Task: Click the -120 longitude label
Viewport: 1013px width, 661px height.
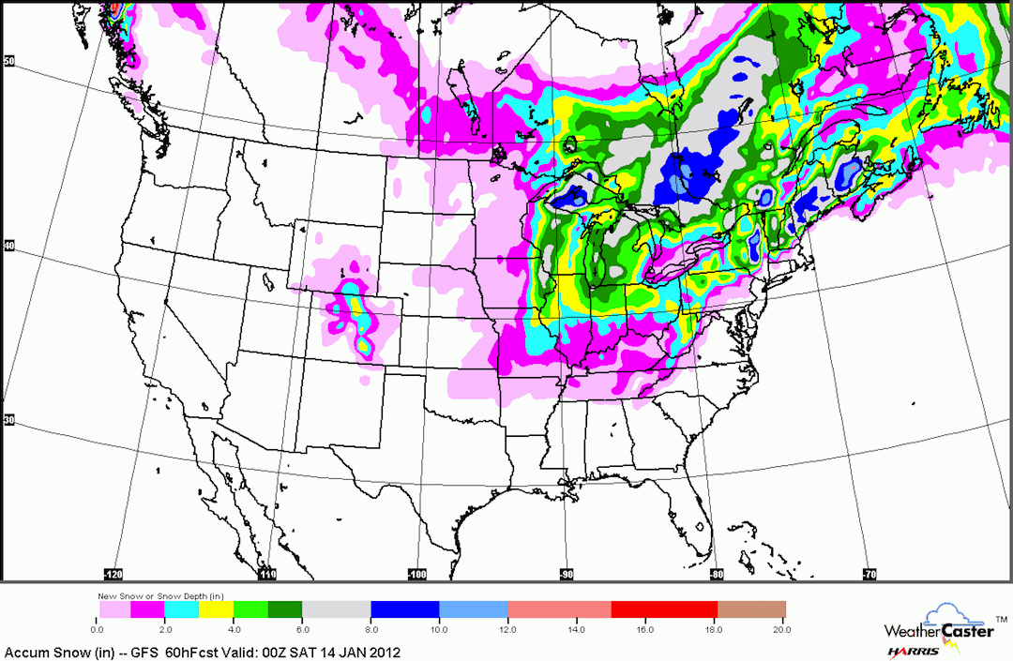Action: [x=113, y=574]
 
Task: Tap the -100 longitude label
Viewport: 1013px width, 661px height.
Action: [x=416, y=574]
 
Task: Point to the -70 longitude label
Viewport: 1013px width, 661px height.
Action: [x=869, y=574]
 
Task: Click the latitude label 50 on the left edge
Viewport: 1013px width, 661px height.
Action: [x=8, y=61]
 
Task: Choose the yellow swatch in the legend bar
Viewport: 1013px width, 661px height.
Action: [x=217, y=609]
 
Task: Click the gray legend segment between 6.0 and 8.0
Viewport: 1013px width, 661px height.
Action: [x=336, y=609]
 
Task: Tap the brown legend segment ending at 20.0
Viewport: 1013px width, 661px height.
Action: [x=751, y=609]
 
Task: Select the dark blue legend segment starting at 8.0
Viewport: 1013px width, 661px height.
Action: [x=405, y=609]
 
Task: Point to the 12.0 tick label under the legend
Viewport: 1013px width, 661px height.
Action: [x=507, y=627]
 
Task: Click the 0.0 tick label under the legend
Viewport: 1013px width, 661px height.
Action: [x=98, y=627]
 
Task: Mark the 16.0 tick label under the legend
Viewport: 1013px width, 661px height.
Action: [x=644, y=627]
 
